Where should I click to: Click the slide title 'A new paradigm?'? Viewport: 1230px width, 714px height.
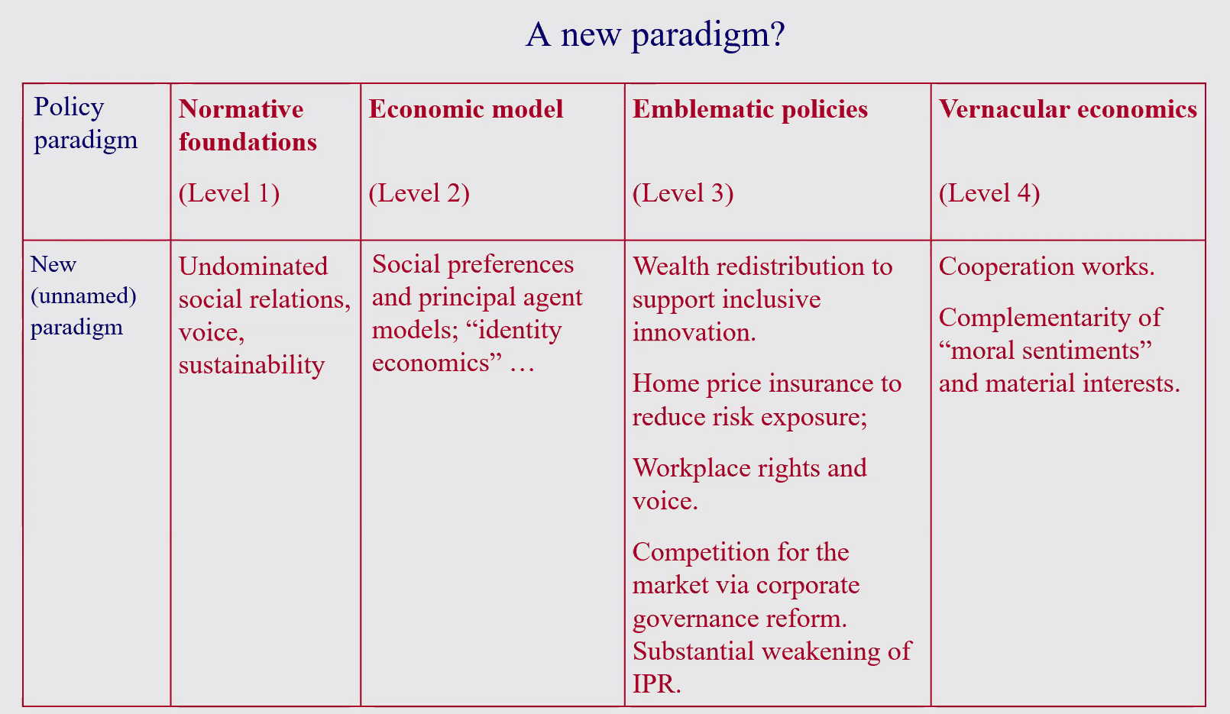[655, 36]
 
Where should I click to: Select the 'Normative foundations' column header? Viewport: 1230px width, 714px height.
[248, 125]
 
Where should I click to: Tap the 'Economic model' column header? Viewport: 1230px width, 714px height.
[466, 108]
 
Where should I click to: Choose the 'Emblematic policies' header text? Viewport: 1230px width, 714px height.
[750, 109]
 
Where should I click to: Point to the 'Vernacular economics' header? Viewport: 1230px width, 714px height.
[1067, 108]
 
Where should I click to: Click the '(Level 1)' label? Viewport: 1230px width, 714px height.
[229, 193]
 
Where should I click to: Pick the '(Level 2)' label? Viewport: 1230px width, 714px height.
[419, 193]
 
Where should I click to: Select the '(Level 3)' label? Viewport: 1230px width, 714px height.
[683, 193]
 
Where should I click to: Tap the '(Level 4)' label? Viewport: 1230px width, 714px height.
[989, 193]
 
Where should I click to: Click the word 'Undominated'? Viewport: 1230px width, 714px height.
[253, 267]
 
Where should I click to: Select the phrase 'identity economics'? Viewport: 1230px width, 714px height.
[467, 346]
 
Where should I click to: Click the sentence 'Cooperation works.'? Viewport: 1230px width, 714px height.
[1047, 267]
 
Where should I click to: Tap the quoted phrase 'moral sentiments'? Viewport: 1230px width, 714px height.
[1045, 351]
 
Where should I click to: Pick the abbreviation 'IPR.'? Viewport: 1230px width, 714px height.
[657, 683]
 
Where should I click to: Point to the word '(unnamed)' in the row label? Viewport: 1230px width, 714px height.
[83, 296]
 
